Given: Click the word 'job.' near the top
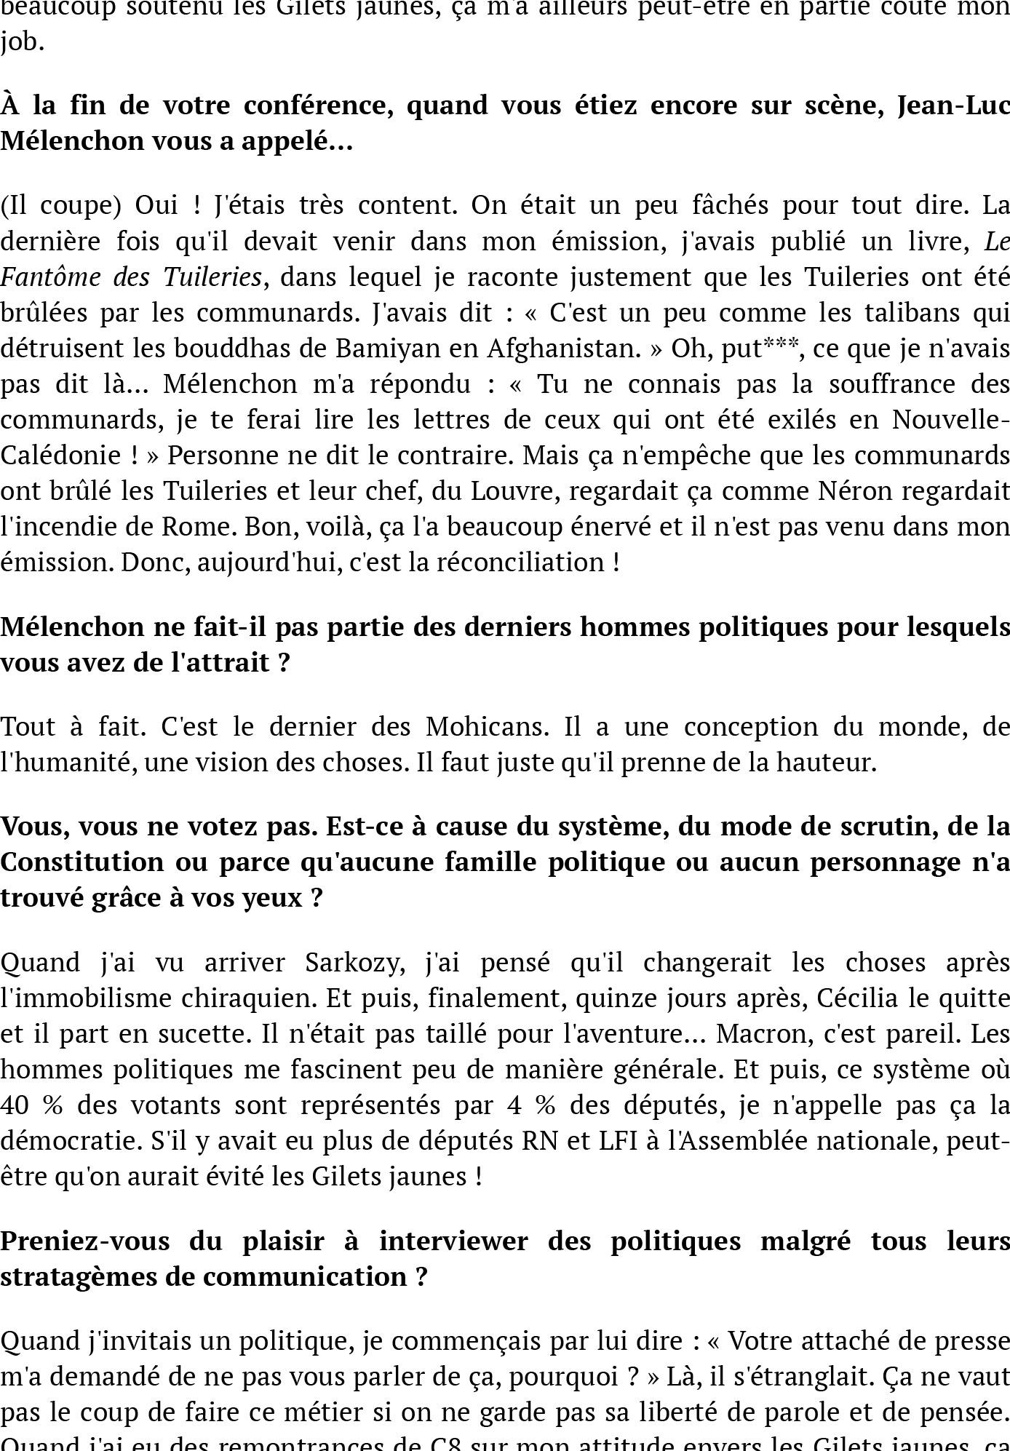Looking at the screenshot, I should click(22, 42).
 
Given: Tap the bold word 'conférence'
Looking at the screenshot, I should click(318, 106).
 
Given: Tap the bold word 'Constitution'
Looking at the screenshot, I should click(82, 862).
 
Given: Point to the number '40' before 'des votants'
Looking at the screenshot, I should click(14, 1105).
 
